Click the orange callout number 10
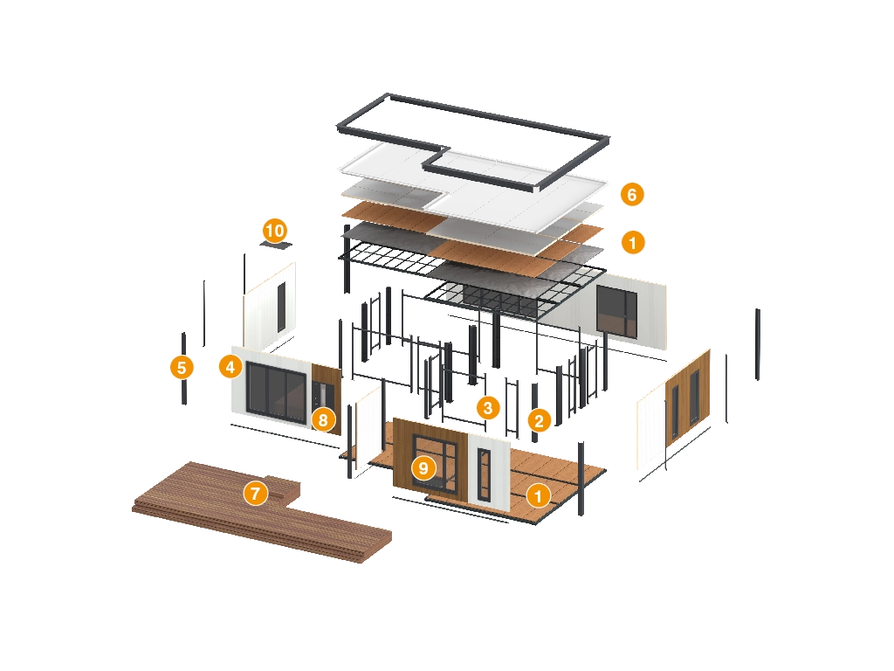[275, 231]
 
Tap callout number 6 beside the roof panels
[632, 195]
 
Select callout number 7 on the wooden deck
[256, 493]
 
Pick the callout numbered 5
[182, 367]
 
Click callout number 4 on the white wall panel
[230, 366]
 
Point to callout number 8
[323, 420]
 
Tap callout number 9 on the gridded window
[423, 468]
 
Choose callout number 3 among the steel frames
[487, 407]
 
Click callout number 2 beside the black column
[539, 420]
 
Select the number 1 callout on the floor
[538, 495]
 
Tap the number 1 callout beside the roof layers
[632, 243]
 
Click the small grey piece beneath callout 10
[276, 245]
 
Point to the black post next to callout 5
[183, 369]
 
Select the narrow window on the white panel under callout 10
[281, 307]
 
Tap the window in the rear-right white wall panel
[617, 312]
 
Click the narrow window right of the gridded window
[484, 474]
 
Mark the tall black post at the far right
[758, 344]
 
